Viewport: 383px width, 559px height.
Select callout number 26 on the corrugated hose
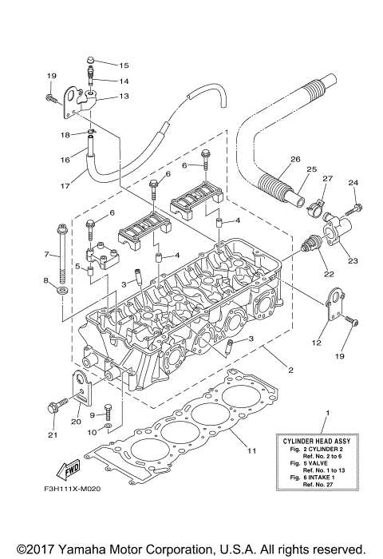295,160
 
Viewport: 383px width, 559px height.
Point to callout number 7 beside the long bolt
46,256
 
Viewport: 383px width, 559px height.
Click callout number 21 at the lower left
54,435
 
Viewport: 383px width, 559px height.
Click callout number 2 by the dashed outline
290,371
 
